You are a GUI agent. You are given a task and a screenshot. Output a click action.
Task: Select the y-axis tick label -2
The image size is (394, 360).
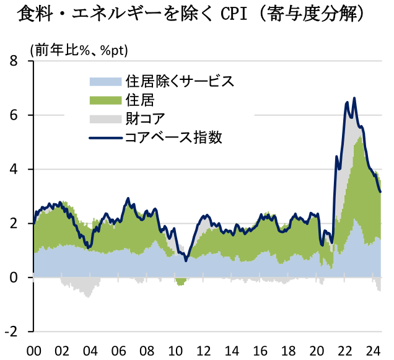(x=10, y=331)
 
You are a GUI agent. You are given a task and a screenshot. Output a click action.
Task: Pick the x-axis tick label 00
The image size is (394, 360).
(x=34, y=351)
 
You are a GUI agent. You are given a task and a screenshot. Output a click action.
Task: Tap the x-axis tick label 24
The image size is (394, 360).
(x=372, y=351)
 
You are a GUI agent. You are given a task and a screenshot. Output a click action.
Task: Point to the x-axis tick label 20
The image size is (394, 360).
(x=317, y=351)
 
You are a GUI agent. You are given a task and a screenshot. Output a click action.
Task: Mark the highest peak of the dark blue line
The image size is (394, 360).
(x=354, y=98)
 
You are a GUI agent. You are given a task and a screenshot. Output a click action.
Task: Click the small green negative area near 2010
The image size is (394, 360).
(x=181, y=282)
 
